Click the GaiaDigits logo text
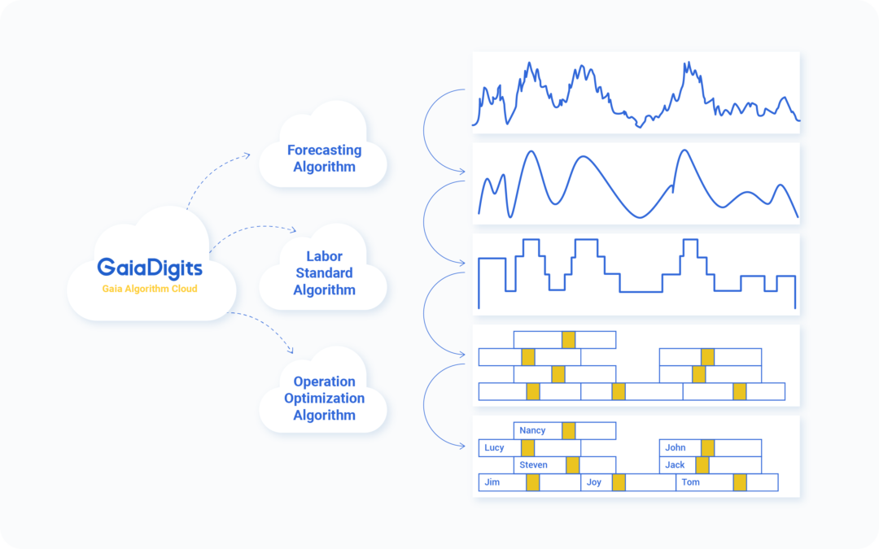pyautogui.click(x=150, y=268)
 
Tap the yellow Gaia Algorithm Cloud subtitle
pyautogui.click(x=150, y=289)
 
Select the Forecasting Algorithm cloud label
pyautogui.click(x=324, y=159)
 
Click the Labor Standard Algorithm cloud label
pyautogui.click(x=324, y=272)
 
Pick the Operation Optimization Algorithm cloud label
pyautogui.click(x=324, y=399)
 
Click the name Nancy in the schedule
pyautogui.click(x=532, y=430)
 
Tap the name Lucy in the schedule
pyautogui.click(x=494, y=447)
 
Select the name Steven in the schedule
pyautogui.click(x=533, y=465)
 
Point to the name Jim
pyautogui.click(x=492, y=482)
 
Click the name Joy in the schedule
pyautogui.click(x=593, y=482)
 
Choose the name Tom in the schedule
pyautogui.click(x=690, y=482)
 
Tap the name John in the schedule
pyautogui.click(x=675, y=447)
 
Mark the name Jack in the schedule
pyautogui.click(x=675, y=465)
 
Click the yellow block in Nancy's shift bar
pyautogui.click(x=568, y=431)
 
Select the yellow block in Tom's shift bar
pyautogui.click(x=740, y=482)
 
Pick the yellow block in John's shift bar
pyautogui.click(x=707, y=447)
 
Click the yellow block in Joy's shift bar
pyautogui.click(x=619, y=482)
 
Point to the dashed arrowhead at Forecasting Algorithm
pyautogui.click(x=247, y=155)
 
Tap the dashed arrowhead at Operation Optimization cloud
pyautogui.click(x=291, y=350)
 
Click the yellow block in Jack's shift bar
pyautogui.click(x=702, y=465)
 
